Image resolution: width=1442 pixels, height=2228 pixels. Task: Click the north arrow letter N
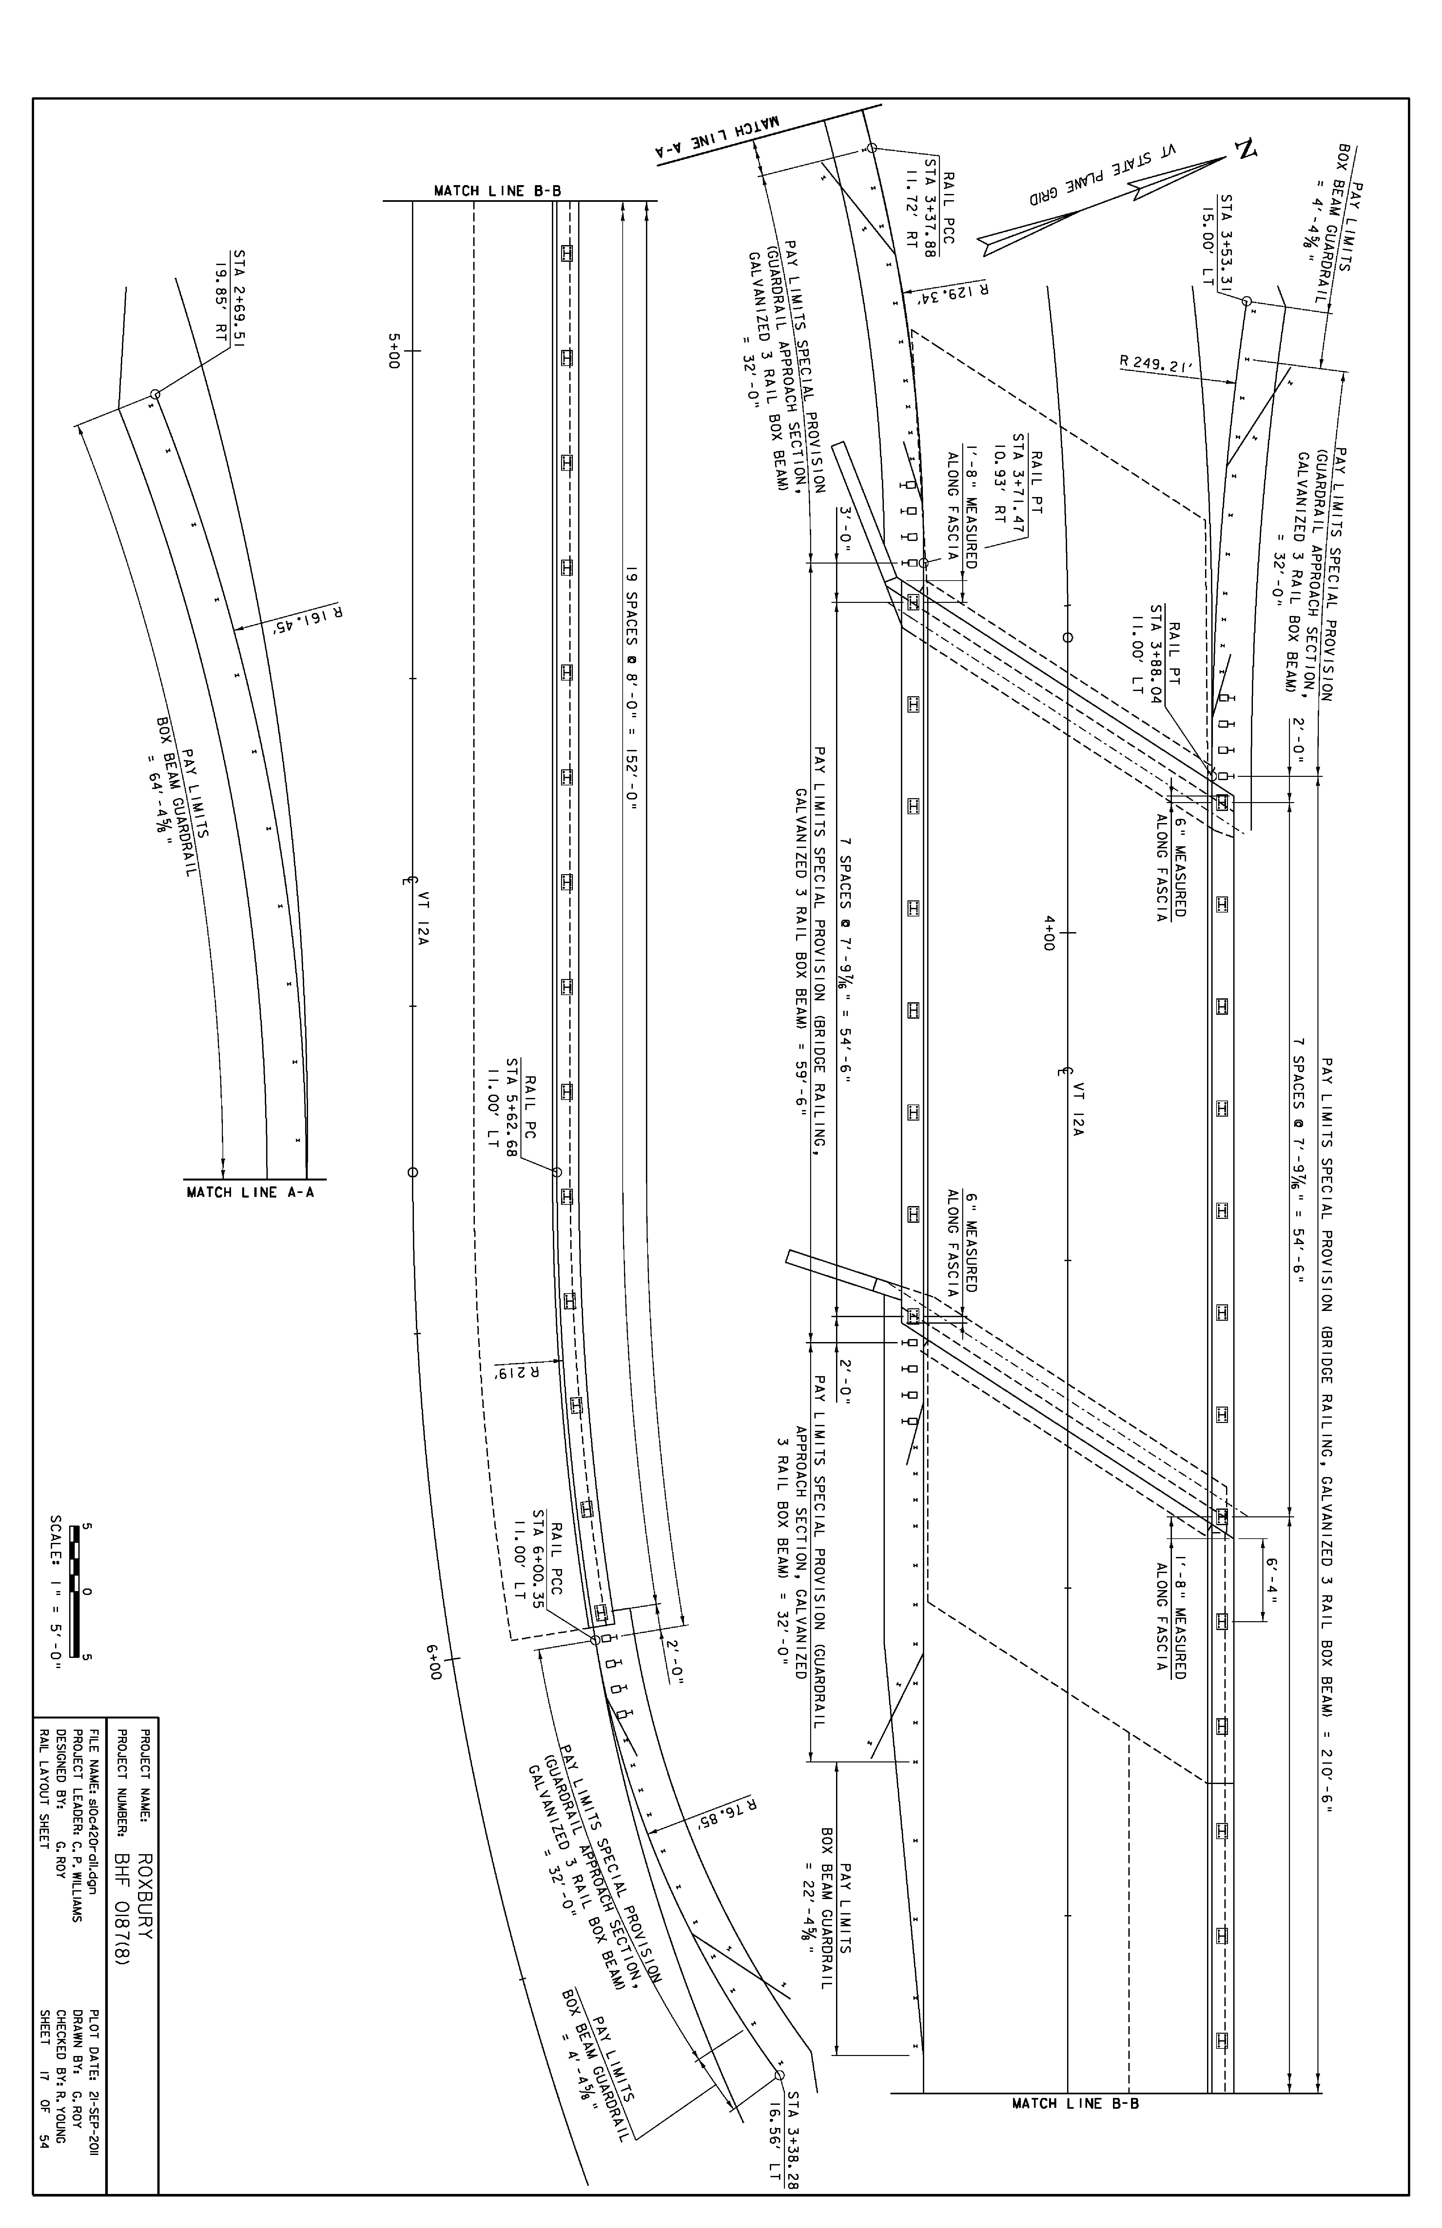coord(1245,150)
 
